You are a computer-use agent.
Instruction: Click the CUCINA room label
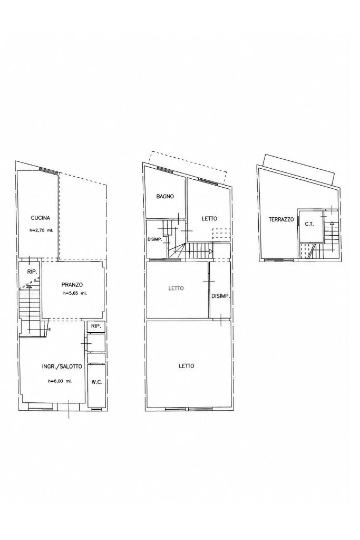(41, 218)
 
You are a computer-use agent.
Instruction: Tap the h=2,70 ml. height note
(41, 231)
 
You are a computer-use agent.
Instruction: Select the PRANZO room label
(72, 284)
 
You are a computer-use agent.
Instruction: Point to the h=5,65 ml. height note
(75, 294)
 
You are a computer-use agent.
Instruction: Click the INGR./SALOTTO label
(62, 367)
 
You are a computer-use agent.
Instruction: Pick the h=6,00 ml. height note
(60, 381)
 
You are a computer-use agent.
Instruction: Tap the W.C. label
(96, 382)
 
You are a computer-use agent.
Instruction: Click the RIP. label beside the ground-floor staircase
(32, 272)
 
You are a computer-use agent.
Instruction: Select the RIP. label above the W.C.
(96, 326)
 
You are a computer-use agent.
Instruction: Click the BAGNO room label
(165, 196)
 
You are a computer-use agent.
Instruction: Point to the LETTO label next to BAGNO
(209, 218)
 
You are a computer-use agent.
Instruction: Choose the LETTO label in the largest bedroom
(186, 366)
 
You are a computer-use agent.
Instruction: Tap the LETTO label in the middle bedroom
(176, 288)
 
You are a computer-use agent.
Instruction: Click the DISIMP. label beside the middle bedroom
(221, 296)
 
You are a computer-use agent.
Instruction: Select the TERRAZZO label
(281, 219)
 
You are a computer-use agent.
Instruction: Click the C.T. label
(309, 224)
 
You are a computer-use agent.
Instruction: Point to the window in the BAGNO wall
(166, 169)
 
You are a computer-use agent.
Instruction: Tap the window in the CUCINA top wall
(48, 170)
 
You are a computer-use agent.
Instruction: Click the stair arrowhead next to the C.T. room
(332, 223)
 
